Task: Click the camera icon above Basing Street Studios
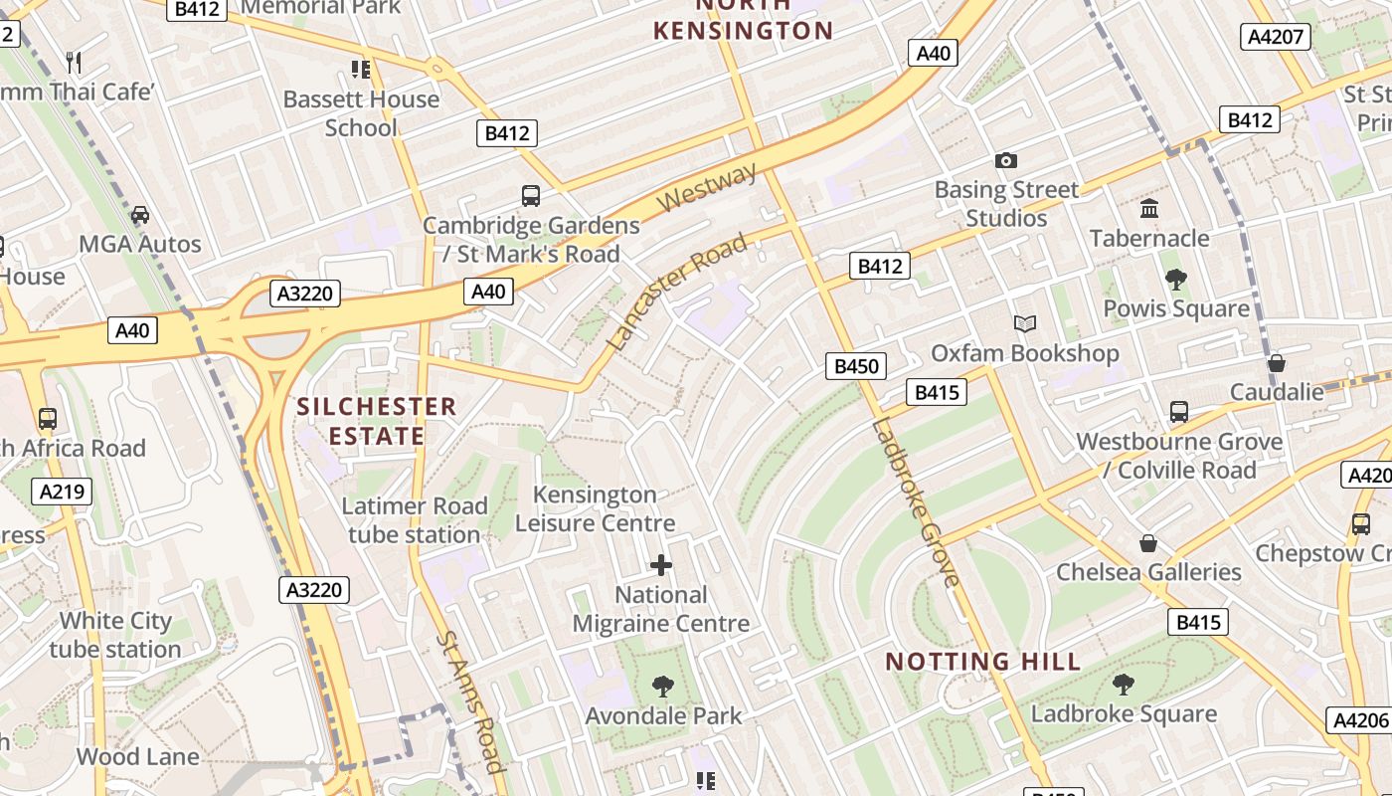[1006, 160]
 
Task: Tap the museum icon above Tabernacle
[1150, 209]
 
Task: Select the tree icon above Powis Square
[1176, 280]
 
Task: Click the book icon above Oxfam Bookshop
[1024, 324]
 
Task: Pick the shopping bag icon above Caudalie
[1277, 363]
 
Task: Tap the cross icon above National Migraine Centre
[661, 566]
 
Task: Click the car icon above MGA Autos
[140, 215]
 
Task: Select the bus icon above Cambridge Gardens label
[531, 196]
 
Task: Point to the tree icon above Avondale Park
[662, 687]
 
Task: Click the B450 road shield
[855, 366]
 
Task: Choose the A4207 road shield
[1276, 37]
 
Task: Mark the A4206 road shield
[1359, 720]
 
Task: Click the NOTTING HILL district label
[982, 662]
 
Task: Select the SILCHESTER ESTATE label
[377, 421]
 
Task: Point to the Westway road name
[707, 186]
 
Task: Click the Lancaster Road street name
[675, 293]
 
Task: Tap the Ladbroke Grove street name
[916, 502]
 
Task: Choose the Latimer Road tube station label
[415, 520]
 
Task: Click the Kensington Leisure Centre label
[595, 508]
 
